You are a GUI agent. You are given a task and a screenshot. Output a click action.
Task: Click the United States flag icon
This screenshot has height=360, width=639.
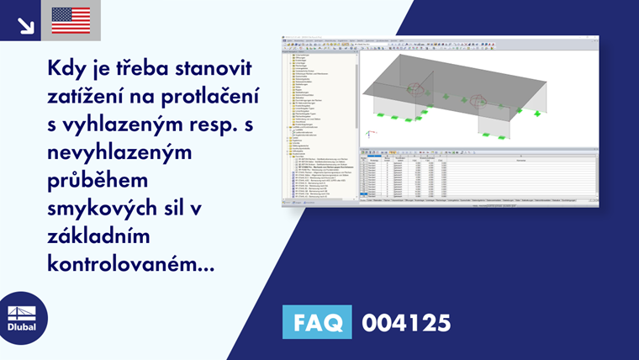[71, 20]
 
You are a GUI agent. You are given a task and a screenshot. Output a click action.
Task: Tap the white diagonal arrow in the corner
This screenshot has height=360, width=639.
[25, 24]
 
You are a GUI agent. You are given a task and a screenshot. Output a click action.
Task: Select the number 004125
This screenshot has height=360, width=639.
[406, 322]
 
